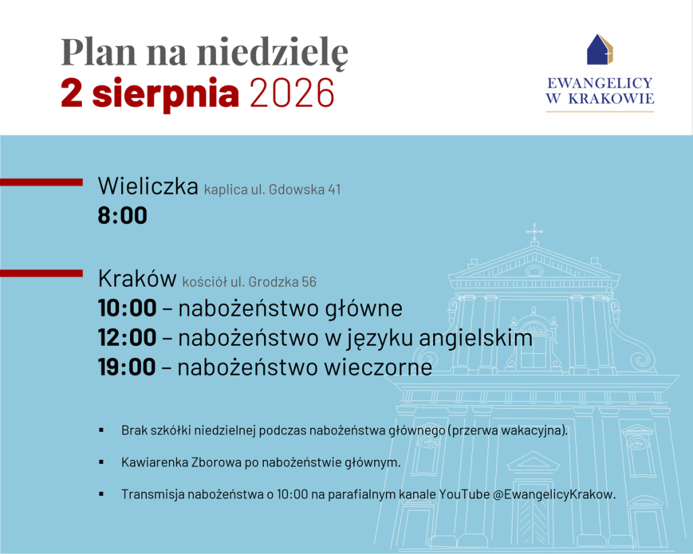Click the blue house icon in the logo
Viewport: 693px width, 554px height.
pyautogui.click(x=600, y=49)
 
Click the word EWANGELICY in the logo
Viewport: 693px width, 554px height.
pyautogui.click(x=600, y=83)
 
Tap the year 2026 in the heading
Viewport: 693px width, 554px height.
pyautogui.click(x=292, y=93)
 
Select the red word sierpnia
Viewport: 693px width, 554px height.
pyautogui.click(x=165, y=93)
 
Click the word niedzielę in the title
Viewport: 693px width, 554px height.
pyautogui.click(x=273, y=52)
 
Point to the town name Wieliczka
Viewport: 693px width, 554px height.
pyautogui.click(x=148, y=186)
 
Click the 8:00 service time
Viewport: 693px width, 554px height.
pyautogui.click(x=122, y=216)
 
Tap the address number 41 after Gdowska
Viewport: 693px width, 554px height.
pyautogui.click(x=334, y=190)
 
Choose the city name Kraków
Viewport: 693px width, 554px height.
pyautogui.click(x=137, y=278)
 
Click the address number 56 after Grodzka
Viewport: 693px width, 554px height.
pyautogui.click(x=309, y=282)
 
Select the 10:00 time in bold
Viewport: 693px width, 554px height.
pyautogui.click(x=127, y=308)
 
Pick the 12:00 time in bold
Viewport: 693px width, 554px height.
pyautogui.click(x=127, y=338)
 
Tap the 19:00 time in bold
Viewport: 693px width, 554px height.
pyautogui.click(x=127, y=368)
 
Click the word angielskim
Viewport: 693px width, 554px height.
pyautogui.click(x=476, y=339)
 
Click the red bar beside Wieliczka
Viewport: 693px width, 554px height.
pyautogui.click(x=41, y=182)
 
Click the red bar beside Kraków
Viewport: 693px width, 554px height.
pyautogui.click(x=41, y=273)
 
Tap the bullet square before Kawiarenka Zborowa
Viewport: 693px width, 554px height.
pyautogui.click(x=102, y=462)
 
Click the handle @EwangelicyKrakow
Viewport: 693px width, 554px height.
pyautogui.click(x=554, y=494)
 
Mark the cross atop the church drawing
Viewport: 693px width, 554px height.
pyautogui.click(x=535, y=231)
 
